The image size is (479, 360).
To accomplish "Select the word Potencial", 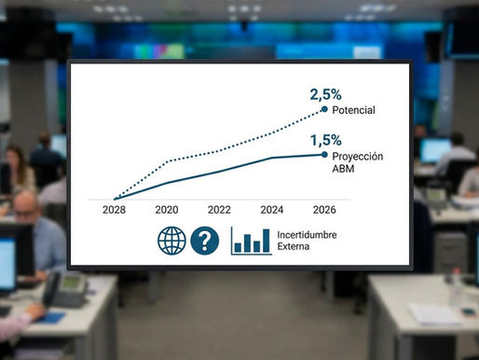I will pos(353,110).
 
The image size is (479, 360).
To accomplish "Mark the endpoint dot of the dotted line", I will pos(323,109).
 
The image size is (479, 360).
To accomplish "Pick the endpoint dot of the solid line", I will pos(323,155).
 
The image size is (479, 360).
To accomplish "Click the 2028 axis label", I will pos(114,211).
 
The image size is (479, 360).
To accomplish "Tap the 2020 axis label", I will pos(167,211).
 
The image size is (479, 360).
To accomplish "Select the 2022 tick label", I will pos(219,211).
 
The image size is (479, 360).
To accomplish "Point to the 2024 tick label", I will pos(271,211).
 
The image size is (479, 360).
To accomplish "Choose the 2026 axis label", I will pos(323,211).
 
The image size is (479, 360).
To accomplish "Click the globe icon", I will pos(172,241).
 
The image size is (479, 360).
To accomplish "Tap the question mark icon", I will pos(204,241).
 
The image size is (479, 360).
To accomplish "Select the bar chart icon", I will pos(251,241).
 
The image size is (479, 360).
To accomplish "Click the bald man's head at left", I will pos(25,206).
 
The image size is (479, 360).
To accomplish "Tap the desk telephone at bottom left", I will pos(68,289).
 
